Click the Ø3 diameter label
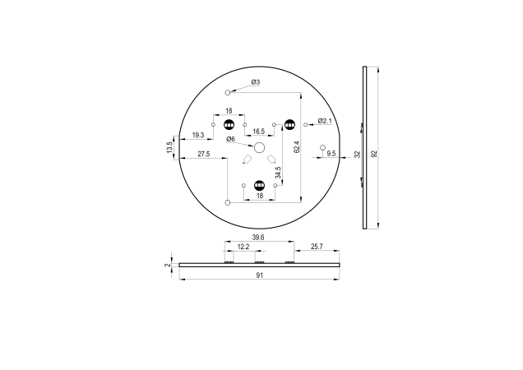tap(255, 82)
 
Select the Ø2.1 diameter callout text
tap(324, 121)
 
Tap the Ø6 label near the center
tap(231, 139)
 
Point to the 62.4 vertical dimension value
tap(296, 149)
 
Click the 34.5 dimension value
tap(279, 172)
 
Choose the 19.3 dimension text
tap(198, 134)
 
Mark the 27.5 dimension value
tap(203, 154)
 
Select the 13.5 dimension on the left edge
tap(170, 148)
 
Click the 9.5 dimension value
tap(331, 154)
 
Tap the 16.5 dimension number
tap(258, 132)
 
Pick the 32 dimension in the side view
tap(357, 154)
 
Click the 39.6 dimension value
tap(258, 237)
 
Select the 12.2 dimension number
tap(243, 247)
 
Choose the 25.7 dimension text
tap(315, 247)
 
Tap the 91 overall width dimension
tap(259, 276)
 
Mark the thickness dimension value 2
tap(167, 265)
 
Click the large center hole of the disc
tap(259, 148)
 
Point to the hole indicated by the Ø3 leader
tap(229, 93)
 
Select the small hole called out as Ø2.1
tap(305, 125)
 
